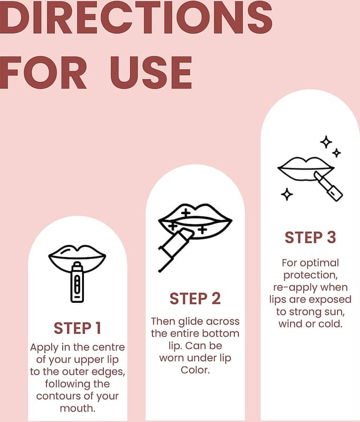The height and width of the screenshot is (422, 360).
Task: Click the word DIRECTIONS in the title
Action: (136, 17)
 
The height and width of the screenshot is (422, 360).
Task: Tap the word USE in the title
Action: (151, 73)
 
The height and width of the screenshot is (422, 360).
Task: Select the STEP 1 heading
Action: (77, 328)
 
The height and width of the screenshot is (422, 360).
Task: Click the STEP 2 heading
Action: (195, 299)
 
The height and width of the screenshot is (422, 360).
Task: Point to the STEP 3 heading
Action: (310, 237)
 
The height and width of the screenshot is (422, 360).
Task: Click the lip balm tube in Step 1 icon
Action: (77, 282)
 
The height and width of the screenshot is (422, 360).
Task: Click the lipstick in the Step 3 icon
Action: (328, 186)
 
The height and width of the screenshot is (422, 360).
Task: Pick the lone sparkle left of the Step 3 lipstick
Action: (287, 194)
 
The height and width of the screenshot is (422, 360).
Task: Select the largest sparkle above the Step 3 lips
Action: (326, 142)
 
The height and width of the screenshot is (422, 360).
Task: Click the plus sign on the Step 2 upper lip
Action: (186, 213)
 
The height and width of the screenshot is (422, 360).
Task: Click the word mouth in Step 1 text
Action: (77, 408)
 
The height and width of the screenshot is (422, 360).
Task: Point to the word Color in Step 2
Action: (195, 370)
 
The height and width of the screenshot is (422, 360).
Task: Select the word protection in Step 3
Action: (310, 275)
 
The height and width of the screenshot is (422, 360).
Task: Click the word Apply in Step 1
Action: (44, 348)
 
